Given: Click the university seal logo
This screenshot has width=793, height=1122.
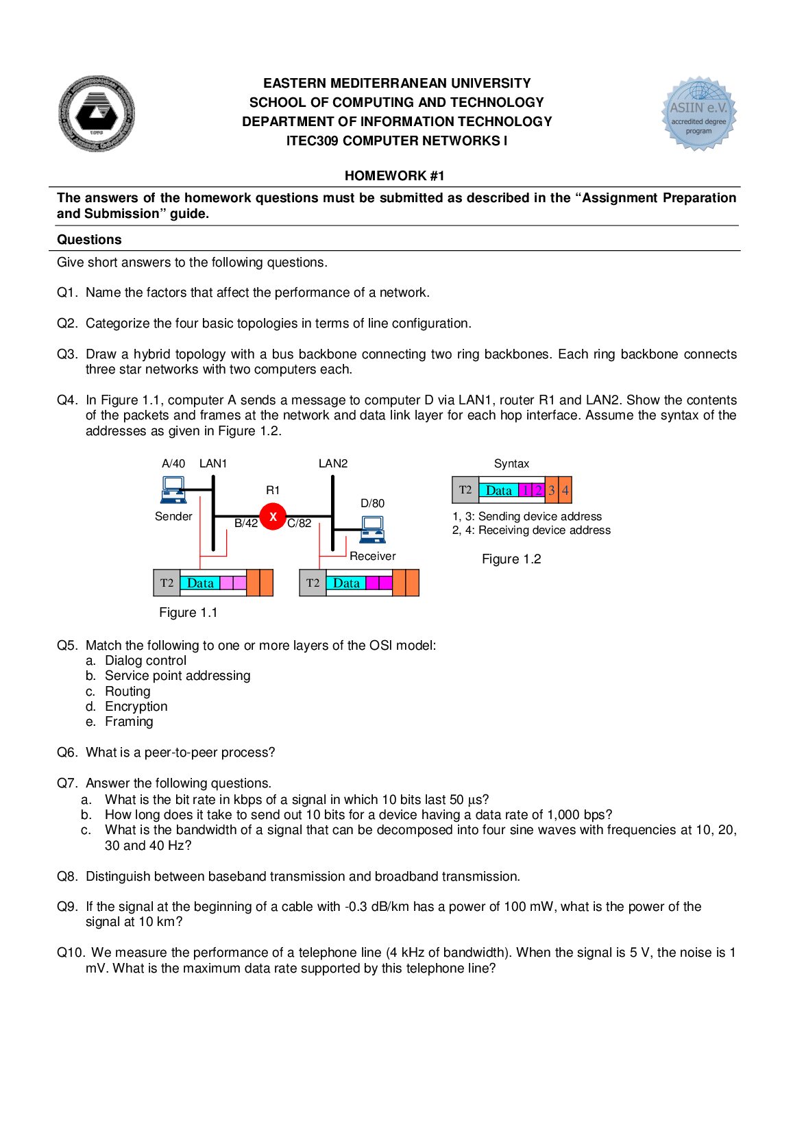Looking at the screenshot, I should pyautogui.click(x=96, y=114).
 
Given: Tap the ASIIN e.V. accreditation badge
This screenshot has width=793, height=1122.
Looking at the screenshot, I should pyautogui.click(x=698, y=114).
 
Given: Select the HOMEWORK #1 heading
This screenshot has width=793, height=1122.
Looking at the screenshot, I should pyautogui.click(x=394, y=176).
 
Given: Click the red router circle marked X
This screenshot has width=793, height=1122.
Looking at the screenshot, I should pyautogui.click(x=273, y=517).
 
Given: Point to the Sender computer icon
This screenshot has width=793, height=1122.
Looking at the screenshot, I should pyautogui.click(x=172, y=490).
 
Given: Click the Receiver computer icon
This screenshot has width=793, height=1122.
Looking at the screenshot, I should pyautogui.click(x=372, y=530).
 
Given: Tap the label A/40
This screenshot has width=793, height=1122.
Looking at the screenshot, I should pyautogui.click(x=173, y=464).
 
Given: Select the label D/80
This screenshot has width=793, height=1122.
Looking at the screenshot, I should pyautogui.click(x=372, y=504).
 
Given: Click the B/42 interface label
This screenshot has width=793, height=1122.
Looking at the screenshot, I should pyautogui.click(x=246, y=524).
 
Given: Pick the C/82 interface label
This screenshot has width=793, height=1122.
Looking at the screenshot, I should pyautogui.click(x=300, y=524).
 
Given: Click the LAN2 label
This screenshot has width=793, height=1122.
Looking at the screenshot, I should pyautogui.click(x=333, y=464).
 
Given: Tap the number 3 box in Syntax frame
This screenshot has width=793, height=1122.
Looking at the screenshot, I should pyautogui.click(x=551, y=491).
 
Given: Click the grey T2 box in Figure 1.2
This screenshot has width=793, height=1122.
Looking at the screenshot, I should pyautogui.click(x=465, y=490).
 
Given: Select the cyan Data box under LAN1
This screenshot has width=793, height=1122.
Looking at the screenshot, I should pyautogui.click(x=200, y=583).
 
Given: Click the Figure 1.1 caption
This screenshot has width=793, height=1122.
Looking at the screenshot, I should pyautogui.click(x=188, y=613).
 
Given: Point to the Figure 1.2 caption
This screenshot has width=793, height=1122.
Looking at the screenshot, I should pyautogui.click(x=511, y=559).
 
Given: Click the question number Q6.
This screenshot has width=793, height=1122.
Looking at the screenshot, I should pyautogui.click(x=67, y=753).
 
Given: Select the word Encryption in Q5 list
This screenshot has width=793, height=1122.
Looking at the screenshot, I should pyautogui.click(x=136, y=707).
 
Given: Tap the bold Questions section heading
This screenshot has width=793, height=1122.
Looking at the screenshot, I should pyautogui.click(x=89, y=240).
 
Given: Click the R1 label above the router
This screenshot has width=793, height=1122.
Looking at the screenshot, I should pyautogui.click(x=273, y=491).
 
